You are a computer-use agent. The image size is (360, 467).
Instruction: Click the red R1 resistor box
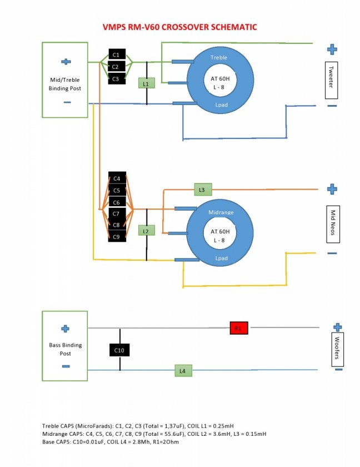click(x=238, y=327)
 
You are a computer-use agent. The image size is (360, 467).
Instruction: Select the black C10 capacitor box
click(x=119, y=350)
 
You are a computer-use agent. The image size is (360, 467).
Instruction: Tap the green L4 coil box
click(x=182, y=370)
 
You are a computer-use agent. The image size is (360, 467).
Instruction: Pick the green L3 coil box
click(x=202, y=190)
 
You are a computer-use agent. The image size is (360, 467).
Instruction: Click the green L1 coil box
click(x=146, y=83)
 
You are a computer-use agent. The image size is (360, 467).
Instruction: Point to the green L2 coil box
click(x=146, y=231)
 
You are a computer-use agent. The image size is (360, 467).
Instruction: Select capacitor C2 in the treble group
click(x=116, y=67)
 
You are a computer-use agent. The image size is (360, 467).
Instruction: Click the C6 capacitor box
click(x=117, y=202)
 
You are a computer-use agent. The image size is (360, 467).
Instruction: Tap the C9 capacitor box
click(x=117, y=237)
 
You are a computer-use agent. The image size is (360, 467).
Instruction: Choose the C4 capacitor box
click(x=117, y=178)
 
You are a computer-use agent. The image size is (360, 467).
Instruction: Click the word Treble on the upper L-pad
click(x=219, y=58)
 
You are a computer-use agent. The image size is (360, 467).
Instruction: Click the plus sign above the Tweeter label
click(x=332, y=49)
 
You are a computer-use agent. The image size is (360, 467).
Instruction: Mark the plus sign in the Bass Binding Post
click(x=65, y=329)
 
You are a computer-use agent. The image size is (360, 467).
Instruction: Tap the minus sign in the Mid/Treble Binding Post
click(x=67, y=102)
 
